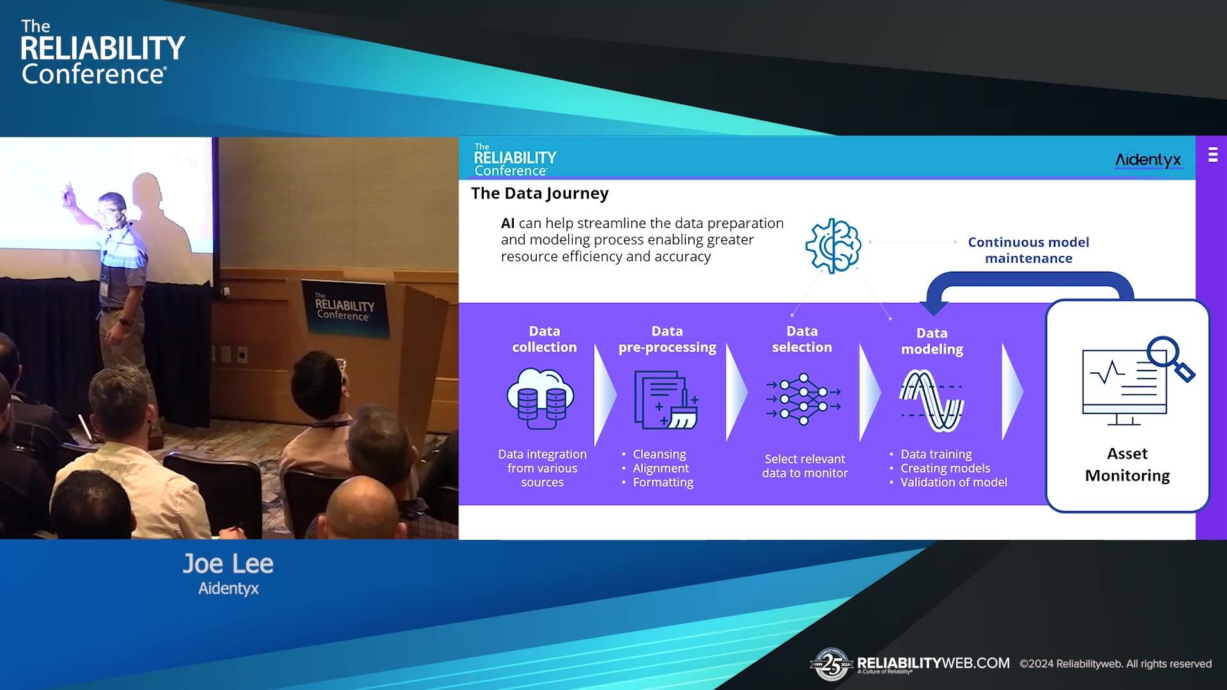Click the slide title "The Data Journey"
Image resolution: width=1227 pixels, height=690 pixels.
click(539, 194)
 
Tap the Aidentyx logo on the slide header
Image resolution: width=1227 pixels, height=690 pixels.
click(1148, 160)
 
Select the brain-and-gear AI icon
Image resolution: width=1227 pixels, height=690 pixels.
click(833, 246)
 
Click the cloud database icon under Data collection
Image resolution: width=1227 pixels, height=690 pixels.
click(541, 399)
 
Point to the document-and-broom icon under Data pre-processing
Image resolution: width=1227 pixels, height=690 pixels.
click(666, 400)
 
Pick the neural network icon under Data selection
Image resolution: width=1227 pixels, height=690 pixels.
click(803, 399)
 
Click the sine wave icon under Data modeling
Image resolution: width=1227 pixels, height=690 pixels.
click(932, 401)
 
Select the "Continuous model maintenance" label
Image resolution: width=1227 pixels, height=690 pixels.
click(1028, 250)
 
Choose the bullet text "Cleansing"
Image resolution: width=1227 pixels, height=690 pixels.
click(659, 454)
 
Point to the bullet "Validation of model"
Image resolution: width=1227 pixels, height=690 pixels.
click(953, 482)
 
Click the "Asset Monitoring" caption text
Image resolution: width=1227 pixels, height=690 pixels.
click(1127, 464)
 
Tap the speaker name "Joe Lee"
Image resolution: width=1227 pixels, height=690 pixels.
click(228, 563)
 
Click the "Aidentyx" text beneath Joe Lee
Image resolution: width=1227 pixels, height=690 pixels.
click(228, 588)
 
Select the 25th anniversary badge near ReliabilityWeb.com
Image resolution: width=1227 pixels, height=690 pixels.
click(831, 664)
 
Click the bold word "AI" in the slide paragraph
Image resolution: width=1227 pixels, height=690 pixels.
click(507, 224)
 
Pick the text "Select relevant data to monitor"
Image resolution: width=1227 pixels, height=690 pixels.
click(805, 466)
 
